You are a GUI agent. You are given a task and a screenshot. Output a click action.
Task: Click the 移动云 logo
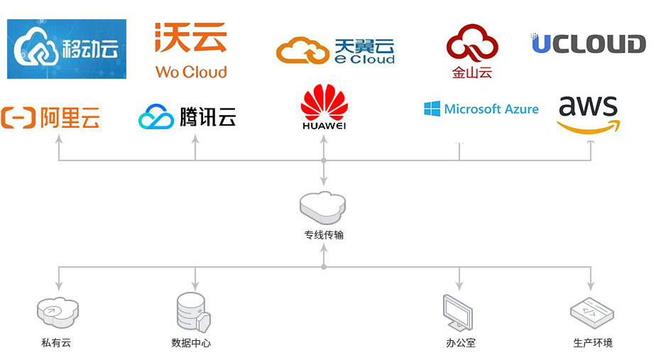coord(67,49)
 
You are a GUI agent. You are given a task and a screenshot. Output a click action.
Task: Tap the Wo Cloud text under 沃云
coord(191,72)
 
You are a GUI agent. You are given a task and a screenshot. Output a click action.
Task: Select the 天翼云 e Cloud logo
coord(336,51)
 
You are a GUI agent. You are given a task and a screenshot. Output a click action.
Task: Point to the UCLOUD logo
coord(589,44)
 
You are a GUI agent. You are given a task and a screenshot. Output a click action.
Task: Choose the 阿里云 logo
coord(50,116)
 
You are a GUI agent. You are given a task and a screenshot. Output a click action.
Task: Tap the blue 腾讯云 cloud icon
coord(156,117)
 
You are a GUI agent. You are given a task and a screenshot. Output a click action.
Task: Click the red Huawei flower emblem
coord(324,102)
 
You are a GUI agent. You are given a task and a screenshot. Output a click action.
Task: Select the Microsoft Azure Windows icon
coord(432,109)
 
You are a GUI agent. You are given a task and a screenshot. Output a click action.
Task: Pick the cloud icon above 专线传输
coord(323,207)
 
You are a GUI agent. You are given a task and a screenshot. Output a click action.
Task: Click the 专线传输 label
coord(323,234)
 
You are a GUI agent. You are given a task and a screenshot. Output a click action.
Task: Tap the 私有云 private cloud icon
coord(57,310)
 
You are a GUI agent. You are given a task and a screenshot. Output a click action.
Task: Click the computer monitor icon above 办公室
coord(458,312)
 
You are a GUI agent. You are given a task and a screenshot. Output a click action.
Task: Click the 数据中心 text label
coord(191,343)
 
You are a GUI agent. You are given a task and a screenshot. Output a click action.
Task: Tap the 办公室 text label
coord(460,343)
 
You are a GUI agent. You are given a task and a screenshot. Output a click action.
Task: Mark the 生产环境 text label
coord(592,343)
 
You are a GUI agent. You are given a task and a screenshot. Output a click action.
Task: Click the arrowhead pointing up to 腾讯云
coord(195,138)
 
